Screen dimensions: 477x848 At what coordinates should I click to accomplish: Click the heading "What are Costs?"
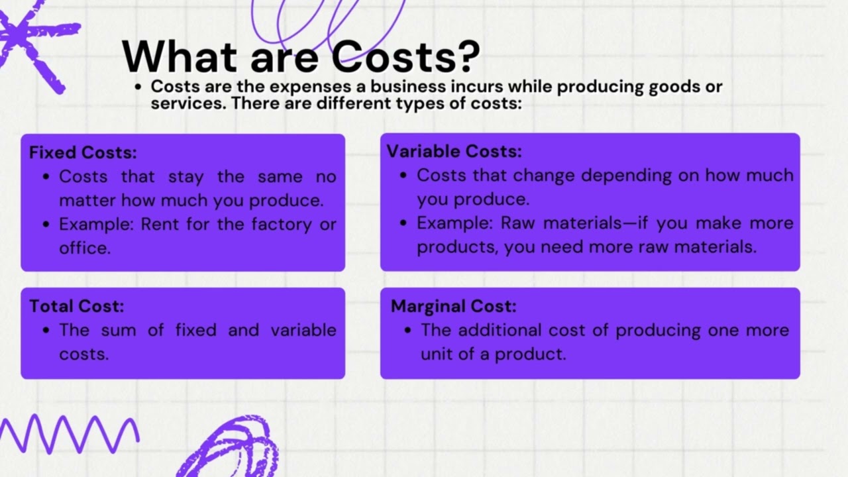[x=301, y=56]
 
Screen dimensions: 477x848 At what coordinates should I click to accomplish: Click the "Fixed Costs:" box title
[x=83, y=152]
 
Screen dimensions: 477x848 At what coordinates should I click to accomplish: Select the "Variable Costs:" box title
[x=454, y=151]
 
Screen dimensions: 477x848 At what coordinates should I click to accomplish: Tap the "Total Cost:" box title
[x=76, y=306]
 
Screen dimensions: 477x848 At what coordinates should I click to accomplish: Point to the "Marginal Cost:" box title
[x=453, y=306]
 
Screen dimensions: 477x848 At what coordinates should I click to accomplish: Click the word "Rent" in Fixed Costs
[x=160, y=224]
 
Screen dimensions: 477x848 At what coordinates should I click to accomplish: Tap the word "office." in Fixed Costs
[x=85, y=248]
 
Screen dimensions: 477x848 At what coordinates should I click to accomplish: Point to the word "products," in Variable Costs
[x=457, y=247]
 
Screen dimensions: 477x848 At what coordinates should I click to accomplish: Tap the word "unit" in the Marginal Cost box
[x=435, y=354]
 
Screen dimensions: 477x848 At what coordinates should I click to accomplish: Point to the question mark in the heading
[x=468, y=56]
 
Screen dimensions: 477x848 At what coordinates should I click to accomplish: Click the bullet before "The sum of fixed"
[x=46, y=330]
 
